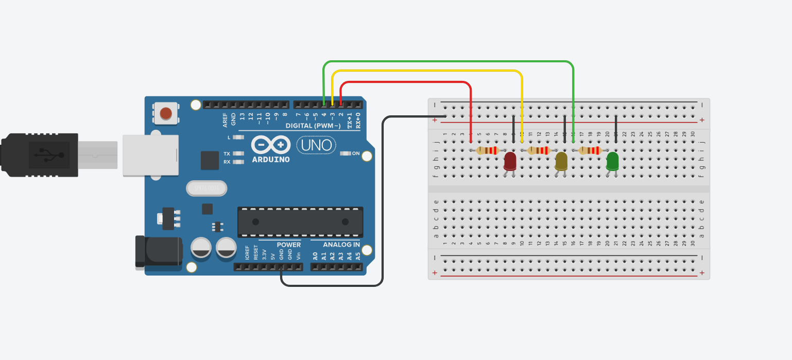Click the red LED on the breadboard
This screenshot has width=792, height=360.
point(509,161)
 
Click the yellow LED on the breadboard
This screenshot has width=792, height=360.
point(561,161)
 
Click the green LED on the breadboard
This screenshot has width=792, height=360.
point(612,161)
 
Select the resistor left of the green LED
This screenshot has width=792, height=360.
point(590,150)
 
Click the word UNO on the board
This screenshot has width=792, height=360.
point(316,145)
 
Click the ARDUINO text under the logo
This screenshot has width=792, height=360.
point(271,160)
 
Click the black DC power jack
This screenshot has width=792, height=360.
point(159,252)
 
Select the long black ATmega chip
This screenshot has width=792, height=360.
point(300,222)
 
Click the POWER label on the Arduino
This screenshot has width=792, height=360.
point(288,245)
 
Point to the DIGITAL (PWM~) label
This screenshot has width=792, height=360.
point(313,126)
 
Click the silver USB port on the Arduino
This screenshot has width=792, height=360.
point(150,155)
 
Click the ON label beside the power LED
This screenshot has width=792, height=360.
point(356,153)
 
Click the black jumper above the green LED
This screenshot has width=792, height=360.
point(616,129)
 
